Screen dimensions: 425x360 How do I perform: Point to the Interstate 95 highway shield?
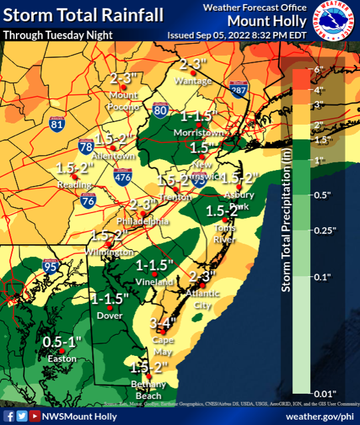pos(50,265)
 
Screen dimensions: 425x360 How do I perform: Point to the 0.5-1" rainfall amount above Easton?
pos(61,341)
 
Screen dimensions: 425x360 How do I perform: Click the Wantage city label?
pos(193,81)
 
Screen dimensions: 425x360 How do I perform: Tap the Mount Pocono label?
pos(124,101)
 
